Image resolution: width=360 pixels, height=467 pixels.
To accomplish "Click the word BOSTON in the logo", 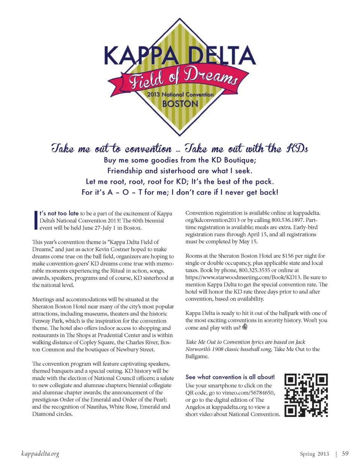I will tap(180, 104).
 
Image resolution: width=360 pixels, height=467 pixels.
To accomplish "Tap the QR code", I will tap(306, 395).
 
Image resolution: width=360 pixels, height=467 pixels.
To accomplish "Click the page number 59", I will tap(345, 453).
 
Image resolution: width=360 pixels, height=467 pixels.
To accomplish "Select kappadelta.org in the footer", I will tap(40, 454).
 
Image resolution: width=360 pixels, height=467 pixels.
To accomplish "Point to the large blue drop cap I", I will tap(35, 220).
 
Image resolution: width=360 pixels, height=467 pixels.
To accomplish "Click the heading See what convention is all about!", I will tap(230, 377).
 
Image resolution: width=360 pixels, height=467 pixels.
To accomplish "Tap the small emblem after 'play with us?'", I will tap(245, 327).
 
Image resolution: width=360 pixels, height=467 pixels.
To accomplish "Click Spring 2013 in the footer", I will tap(314, 454).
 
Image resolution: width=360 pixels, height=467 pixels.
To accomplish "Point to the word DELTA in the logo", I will tap(221, 56).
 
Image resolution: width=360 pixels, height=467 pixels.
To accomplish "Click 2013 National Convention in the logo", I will tap(180, 95).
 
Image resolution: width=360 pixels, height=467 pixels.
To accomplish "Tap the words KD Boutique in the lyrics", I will tap(233, 160).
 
